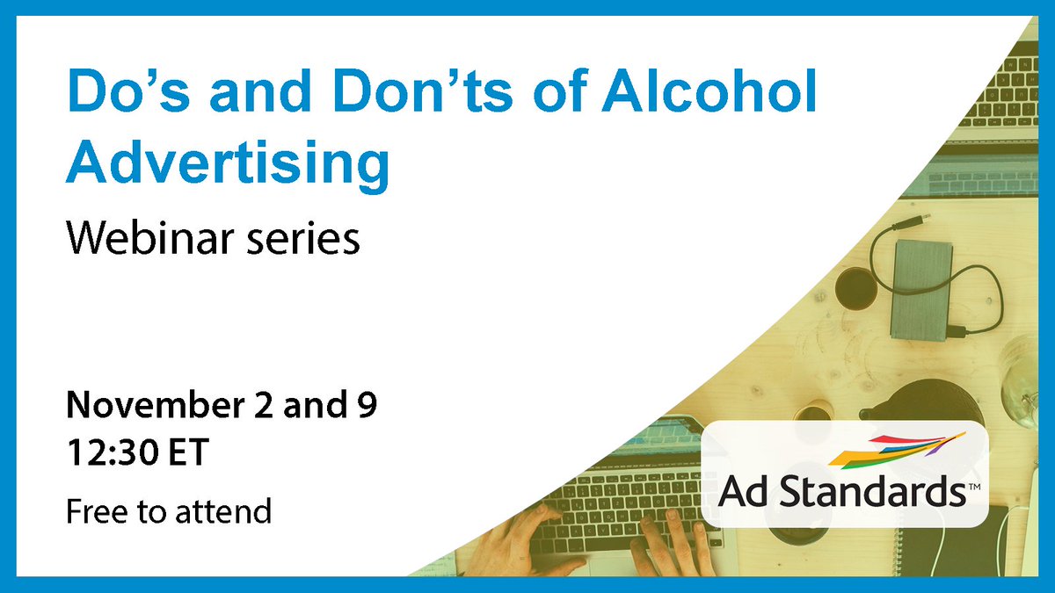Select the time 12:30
click(112, 454)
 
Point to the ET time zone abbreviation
click(187, 454)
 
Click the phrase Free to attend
click(169, 510)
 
